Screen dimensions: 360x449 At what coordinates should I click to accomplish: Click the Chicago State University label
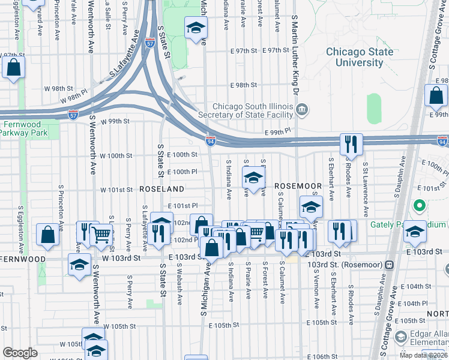click(x=360, y=57)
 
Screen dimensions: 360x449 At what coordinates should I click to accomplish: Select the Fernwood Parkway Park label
click(x=29, y=129)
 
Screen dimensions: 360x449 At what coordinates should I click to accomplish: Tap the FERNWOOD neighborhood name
click(x=23, y=259)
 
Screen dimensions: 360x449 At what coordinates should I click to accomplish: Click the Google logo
click(x=20, y=352)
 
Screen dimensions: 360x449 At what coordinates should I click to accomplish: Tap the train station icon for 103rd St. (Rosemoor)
click(x=389, y=265)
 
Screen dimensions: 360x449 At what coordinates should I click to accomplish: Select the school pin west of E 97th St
click(x=195, y=29)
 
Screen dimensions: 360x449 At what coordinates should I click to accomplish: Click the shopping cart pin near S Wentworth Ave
click(x=101, y=235)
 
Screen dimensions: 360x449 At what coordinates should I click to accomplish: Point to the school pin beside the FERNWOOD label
click(x=79, y=265)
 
